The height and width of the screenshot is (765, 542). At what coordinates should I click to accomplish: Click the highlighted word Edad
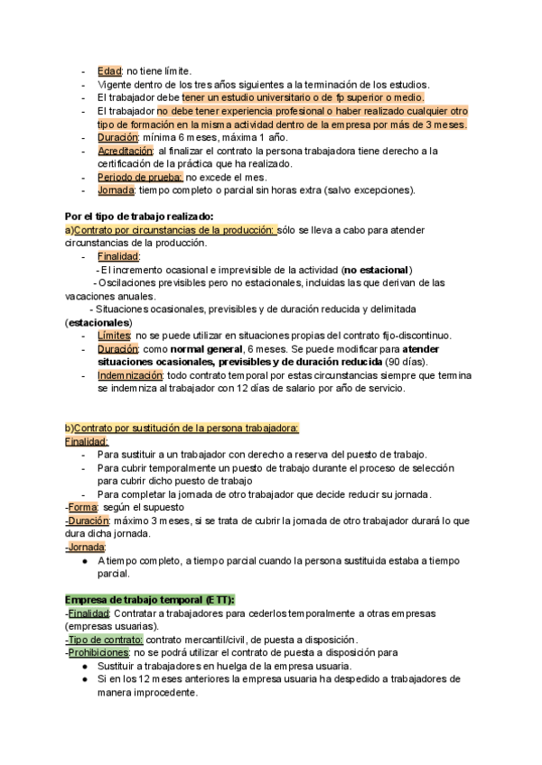[x=110, y=71]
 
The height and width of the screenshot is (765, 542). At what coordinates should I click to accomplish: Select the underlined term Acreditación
[x=126, y=151]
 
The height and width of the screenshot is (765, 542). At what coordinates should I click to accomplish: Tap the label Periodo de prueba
[x=139, y=178]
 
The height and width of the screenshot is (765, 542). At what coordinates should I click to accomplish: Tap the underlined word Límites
[x=114, y=336]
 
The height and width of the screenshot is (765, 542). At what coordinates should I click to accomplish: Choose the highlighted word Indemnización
[x=130, y=375]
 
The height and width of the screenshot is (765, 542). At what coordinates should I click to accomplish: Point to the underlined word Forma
[x=82, y=507]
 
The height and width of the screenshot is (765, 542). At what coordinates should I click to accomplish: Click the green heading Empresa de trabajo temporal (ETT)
[x=150, y=600]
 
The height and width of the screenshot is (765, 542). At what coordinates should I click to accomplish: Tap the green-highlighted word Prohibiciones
[x=98, y=652]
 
